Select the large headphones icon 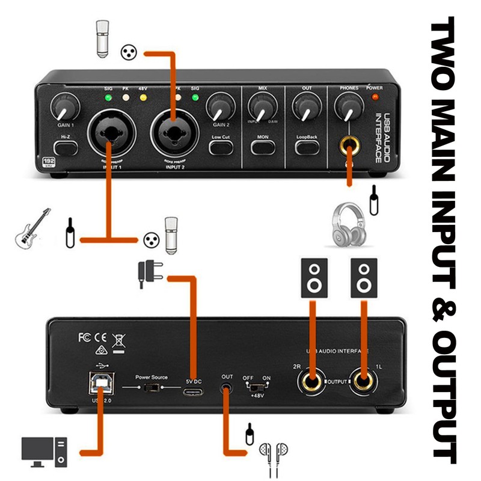click(349, 224)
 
